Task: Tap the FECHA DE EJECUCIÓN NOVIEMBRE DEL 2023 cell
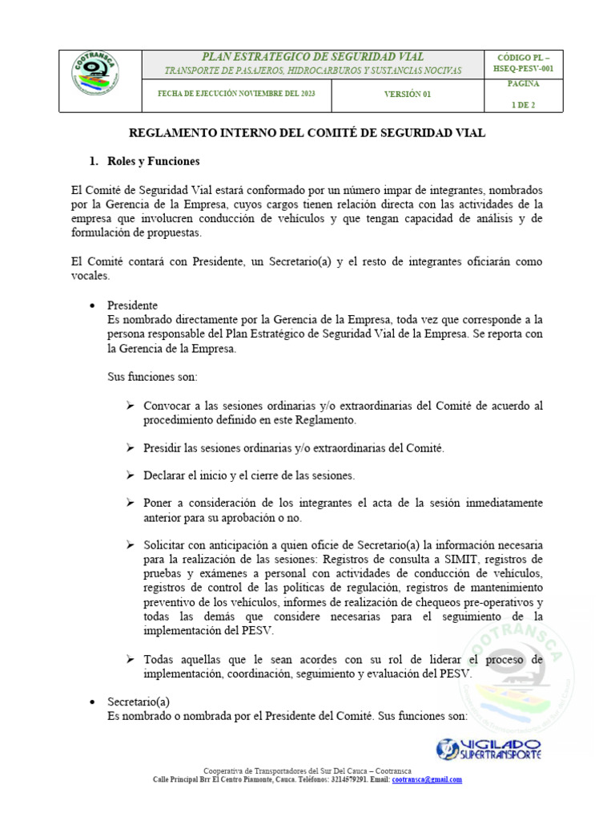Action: pyautogui.click(x=236, y=94)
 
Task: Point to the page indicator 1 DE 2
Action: pyautogui.click(x=525, y=104)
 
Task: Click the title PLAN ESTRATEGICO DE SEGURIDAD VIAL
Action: pyautogui.click(x=312, y=57)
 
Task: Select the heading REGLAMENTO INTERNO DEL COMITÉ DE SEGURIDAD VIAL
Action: pyautogui.click(x=307, y=133)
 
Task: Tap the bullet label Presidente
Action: pyautogui.click(x=132, y=305)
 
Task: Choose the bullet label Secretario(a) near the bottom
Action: pyautogui.click(x=138, y=702)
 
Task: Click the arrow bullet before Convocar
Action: pyautogui.click(x=130, y=406)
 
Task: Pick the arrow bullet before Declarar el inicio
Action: pyautogui.click(x=130, y=475)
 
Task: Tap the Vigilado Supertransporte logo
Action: pyautogui.click(x=488, y=750)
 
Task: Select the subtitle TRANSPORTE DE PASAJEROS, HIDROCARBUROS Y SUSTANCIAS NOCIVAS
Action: pyautogui.click(x=312, y=71)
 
